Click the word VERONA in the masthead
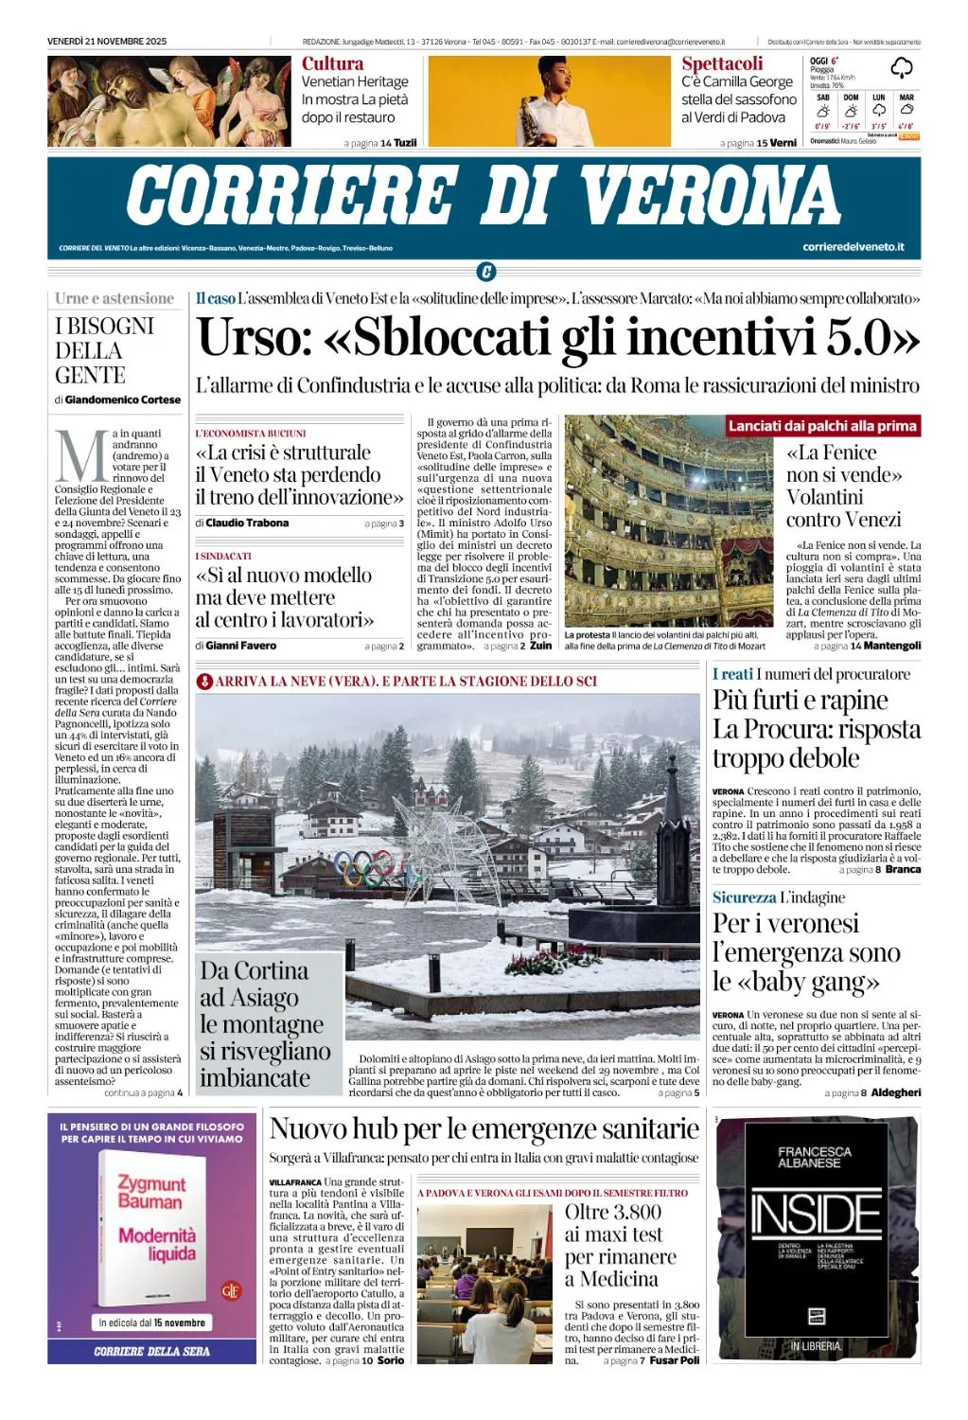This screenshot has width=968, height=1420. [710, 196]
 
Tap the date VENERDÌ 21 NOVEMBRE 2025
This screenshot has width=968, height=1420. [107, 41]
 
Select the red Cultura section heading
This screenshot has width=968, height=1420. [332, 63]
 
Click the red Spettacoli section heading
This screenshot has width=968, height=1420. [722, 63]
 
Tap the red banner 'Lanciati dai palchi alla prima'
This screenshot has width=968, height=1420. [822, 426]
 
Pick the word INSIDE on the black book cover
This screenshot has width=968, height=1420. [816, 1215]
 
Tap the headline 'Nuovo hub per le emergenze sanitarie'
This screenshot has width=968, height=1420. [484, 1128]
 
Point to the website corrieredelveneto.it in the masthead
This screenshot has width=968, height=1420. [853, 247]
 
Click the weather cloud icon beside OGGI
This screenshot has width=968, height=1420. [902, 67]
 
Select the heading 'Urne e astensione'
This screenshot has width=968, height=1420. [114, 298]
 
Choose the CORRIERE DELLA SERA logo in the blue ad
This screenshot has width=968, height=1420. [151, 1351]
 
